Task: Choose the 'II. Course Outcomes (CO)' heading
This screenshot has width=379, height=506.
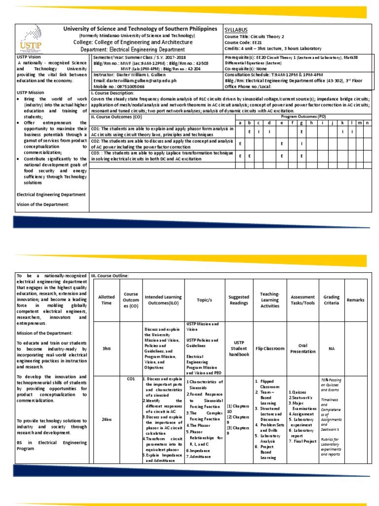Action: click(x=116, y=117)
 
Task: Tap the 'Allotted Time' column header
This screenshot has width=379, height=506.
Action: click(x=107, y=300)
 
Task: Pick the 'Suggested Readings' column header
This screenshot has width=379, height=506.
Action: click(x=239, y=300)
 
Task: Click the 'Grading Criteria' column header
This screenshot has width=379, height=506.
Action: click(x=331, y=300)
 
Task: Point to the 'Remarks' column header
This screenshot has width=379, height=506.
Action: click(x=355, y=300)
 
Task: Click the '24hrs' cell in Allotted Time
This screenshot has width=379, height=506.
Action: click(x=107, y=419)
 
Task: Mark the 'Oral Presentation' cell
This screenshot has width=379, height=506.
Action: click(x=303, y=348)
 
